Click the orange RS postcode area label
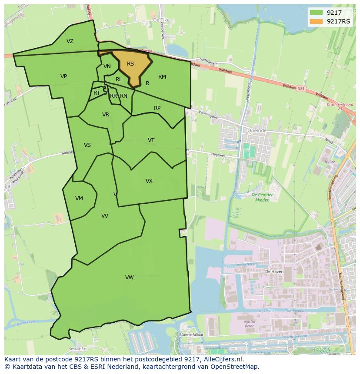130,64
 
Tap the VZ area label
70,41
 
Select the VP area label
64,76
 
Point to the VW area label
129,278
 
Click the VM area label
79,199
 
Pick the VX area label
149,181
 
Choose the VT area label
151,140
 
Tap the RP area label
157,108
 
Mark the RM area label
162,77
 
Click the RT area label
97,93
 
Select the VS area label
87,145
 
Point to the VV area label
105,216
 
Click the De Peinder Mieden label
261,198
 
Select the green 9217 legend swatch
316,13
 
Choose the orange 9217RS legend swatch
316,21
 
